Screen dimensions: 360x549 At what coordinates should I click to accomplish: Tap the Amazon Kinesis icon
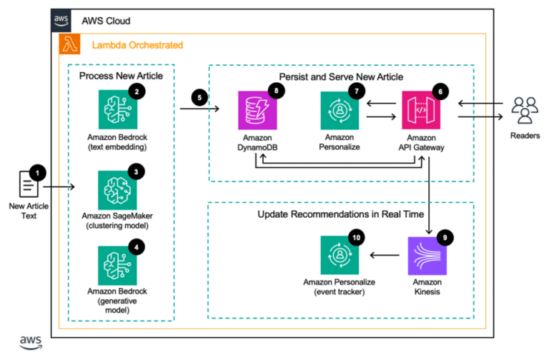pos(427,255)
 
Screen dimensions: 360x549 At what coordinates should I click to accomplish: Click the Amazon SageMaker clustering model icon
pos(117,188)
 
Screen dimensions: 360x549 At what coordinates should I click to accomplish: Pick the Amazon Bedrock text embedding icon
pos(117,109)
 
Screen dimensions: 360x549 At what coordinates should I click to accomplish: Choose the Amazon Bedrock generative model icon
pos(117,264)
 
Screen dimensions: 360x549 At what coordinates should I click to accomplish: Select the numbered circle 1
pos(39,171)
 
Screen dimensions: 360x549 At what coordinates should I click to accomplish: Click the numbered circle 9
pos(445,237)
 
